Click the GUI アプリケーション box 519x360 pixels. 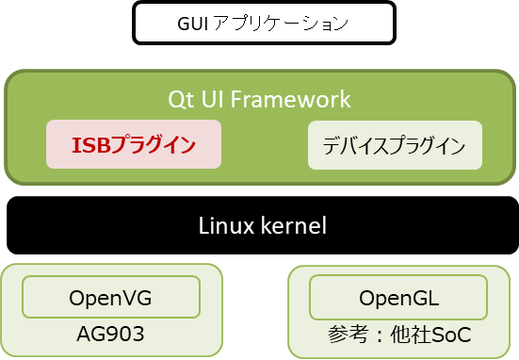tap(262, 23)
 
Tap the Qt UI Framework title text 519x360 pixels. tap(259, 99)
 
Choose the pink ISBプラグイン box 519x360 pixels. tap(134, 145)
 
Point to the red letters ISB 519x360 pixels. tap(90, 145)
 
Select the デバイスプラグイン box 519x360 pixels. tap(394, 145)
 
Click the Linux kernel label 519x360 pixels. tap(263, 226)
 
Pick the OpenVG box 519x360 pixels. tap(110, 298)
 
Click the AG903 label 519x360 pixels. tap(110, 335)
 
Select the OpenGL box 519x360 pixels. tap(398, 298)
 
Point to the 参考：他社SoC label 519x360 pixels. tap(399, 336)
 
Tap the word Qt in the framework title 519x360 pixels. tap(179, 99)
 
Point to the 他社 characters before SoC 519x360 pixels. tap(410, 336)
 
